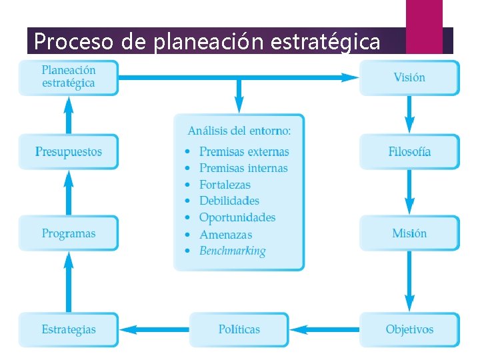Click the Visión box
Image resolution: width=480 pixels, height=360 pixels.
409,78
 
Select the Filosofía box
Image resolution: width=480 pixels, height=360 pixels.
409,152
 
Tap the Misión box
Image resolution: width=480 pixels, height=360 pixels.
409,233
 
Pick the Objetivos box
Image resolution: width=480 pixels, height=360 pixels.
409,329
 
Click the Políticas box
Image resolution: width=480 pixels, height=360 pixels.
239,329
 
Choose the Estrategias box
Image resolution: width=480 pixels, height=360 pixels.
69,329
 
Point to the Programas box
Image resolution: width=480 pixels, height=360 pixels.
69,233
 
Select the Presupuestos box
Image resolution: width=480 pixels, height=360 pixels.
69,152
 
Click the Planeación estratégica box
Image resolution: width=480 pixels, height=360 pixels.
69,77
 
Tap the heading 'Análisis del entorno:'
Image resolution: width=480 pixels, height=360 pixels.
244,131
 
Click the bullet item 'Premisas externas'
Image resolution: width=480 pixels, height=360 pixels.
244,152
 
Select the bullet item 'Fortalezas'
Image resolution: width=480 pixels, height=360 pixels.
225,185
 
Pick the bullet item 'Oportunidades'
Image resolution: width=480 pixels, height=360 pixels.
237,217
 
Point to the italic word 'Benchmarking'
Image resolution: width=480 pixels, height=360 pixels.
233,251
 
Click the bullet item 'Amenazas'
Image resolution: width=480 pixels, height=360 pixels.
226,235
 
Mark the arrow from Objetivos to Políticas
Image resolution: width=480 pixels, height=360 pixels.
325,329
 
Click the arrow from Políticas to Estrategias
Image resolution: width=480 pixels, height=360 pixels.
154,329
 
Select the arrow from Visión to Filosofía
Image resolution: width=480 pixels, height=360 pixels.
409,115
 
